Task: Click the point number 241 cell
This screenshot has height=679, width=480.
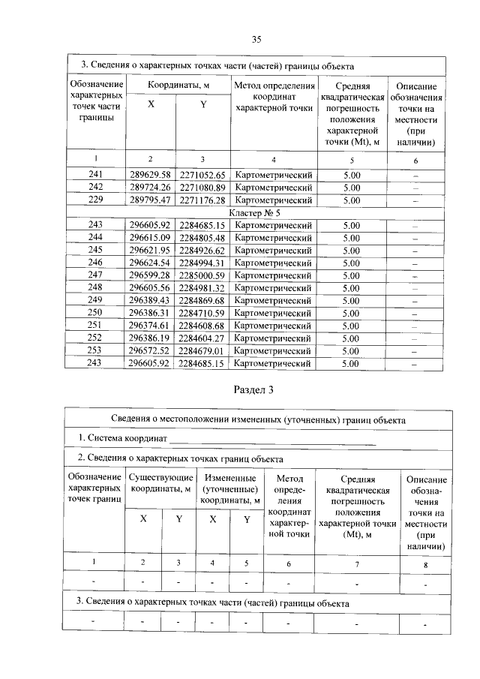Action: pyautogui.click(x=95, y=175)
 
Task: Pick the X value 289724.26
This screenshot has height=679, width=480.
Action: pyautogui.click(x=151, y=188)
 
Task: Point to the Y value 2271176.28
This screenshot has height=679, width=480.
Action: pyautogui.click(x=202, y=200)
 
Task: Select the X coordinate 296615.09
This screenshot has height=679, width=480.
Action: pyautogui.click(x=151, y=238)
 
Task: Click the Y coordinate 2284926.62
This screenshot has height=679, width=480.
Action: pyautogui.click(x=202, y=251)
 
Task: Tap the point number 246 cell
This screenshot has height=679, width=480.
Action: pyautogui.click(x=95, y=263)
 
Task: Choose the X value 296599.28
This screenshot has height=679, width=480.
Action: pyautogui.click(x=151, y=275)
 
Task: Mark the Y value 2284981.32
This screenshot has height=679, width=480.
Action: pyautogui.click(x=202, y=288)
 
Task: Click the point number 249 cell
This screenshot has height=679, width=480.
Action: pyautogui.click(x=95, y=301)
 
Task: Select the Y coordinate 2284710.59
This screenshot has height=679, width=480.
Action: pyautogui.click(x=202, y=313)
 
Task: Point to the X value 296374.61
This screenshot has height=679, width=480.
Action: pyautogui.click(x=151, y=326)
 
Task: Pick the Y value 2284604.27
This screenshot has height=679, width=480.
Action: pyautogui.click(x=202, y=338)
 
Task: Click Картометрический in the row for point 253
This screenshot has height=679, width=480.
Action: pyautogui.click(x=273, y=350)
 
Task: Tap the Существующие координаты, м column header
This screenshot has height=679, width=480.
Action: pyautogui.click(x=161, y=484)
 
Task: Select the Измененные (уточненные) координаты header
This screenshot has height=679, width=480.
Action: pyautogui.click(x=231, y=489)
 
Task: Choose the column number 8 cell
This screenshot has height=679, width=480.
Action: pyautogui.click(x=425, y=563)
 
